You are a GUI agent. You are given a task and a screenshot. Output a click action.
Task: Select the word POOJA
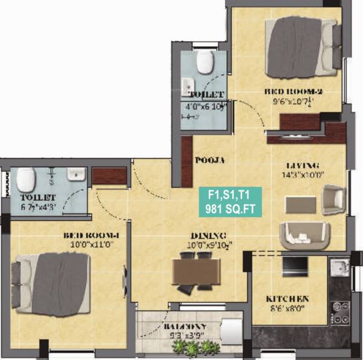(209, 160)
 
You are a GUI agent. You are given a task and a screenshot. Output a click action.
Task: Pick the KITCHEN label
(289, 299)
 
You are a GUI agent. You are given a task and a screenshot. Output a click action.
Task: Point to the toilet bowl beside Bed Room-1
(25, 179)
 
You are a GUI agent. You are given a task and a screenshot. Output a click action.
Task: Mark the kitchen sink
(339, 266)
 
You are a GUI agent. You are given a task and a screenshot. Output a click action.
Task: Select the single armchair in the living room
(333, 200)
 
